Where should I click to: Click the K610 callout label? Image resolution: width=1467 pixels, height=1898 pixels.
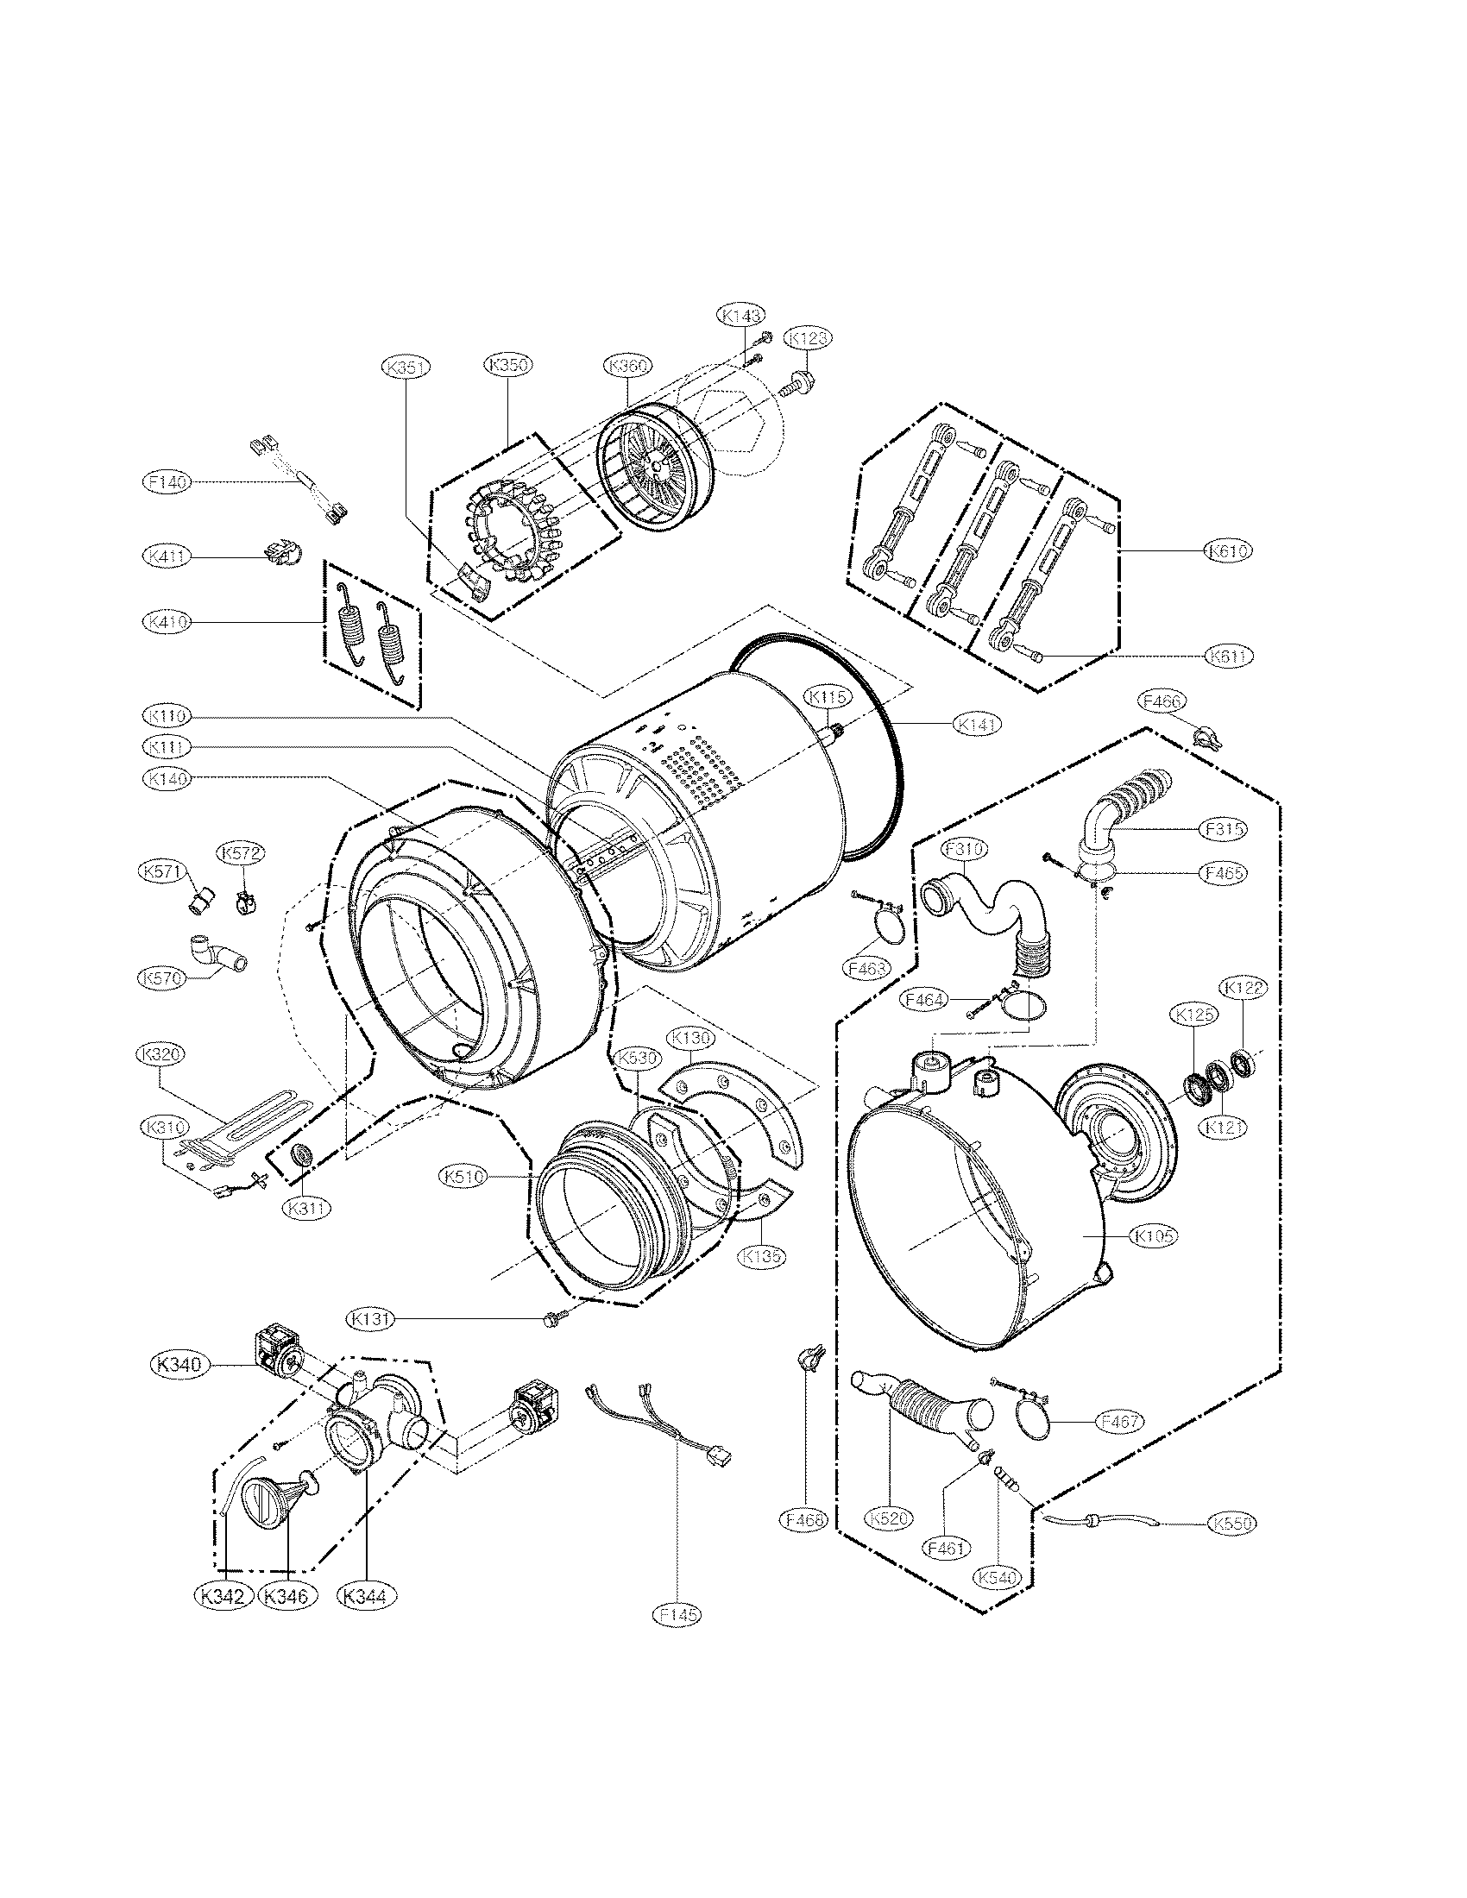point(1228,550)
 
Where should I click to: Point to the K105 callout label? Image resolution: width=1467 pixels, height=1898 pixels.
point(1155,1235)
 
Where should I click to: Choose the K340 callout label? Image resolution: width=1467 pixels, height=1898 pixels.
point(179,1365)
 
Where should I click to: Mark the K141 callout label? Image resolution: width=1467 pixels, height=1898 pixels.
point(976,722)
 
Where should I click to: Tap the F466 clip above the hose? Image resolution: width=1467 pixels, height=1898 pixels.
point(1208,738)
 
